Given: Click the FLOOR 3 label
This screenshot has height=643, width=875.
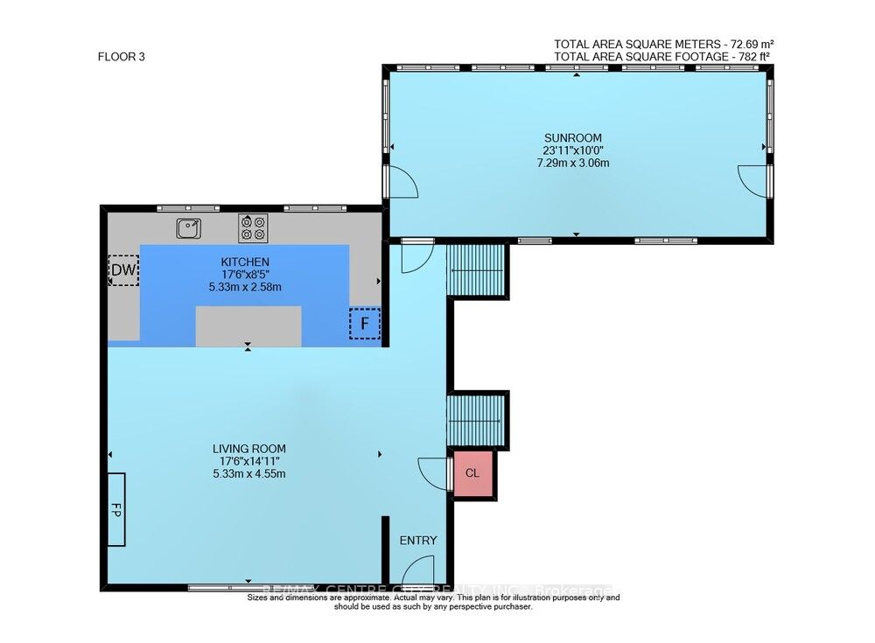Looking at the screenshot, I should tap(121, 57).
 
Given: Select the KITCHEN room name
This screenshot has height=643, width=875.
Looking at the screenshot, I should tap(245, 262).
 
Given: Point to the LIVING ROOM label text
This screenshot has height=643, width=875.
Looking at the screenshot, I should tap(249, 449).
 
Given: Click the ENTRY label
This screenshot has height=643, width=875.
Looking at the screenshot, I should tap(417, 541).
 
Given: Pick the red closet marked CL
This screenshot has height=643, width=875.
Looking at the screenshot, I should tap(472, 473).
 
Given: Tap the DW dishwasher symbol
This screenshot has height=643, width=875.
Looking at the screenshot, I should tap(123, 270).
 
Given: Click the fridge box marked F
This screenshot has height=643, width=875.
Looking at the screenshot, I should tap(365, 324).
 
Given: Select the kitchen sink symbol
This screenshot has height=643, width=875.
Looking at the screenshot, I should tap(188, 228).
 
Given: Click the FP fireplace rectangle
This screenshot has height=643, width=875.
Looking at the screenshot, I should tap(116, 509).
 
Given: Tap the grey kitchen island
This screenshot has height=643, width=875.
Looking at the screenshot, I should tap(248, 326).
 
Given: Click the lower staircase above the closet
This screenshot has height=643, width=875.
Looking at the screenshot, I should tap(477, 421).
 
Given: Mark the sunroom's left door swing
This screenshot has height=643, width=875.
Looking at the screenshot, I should tap(402, 180).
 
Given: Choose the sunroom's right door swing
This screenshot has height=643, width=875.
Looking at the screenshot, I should tap(752, 179).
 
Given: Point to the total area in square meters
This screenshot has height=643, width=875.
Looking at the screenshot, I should tap(665, 44).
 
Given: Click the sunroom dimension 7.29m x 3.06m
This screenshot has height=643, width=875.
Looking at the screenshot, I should tap(573, 163).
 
